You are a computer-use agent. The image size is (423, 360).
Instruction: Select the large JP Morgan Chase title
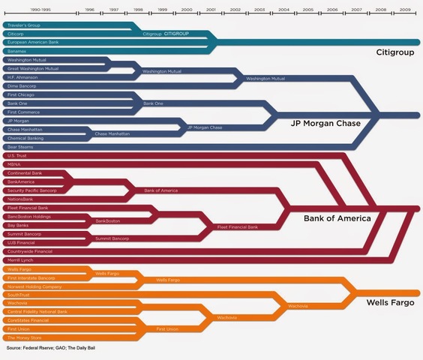tap(325, 124)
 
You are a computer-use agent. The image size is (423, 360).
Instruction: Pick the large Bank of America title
tap(337, 218)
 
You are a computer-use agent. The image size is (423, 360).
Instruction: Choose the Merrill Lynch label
tap(19, 260)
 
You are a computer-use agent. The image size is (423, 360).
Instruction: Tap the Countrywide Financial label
tap(29, 251)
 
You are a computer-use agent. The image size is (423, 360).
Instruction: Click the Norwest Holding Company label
tap(34, 286)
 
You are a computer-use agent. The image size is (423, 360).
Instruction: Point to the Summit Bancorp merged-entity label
tap(112, 238)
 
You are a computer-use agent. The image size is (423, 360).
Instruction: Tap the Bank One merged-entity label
tap(153, 103)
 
